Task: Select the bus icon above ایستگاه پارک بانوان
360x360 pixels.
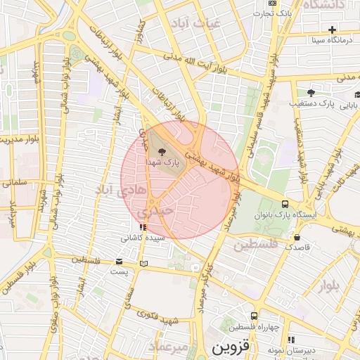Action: pos(285,203)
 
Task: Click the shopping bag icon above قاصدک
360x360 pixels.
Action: pos(297,237)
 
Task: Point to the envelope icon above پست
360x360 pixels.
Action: pos(118,262)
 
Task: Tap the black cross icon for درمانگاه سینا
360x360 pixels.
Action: pos(333,30)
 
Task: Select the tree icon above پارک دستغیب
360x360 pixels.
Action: pos(311,92)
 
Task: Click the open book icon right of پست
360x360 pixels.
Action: pos(144,264)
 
